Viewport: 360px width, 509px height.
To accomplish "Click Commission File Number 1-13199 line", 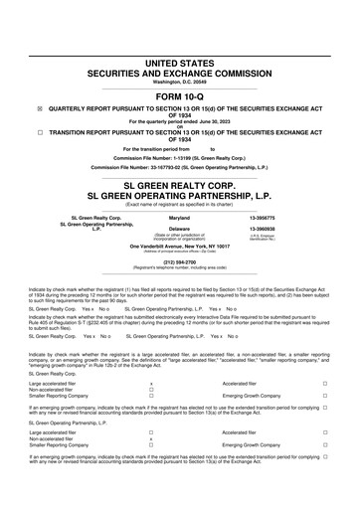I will coord(179,157).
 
